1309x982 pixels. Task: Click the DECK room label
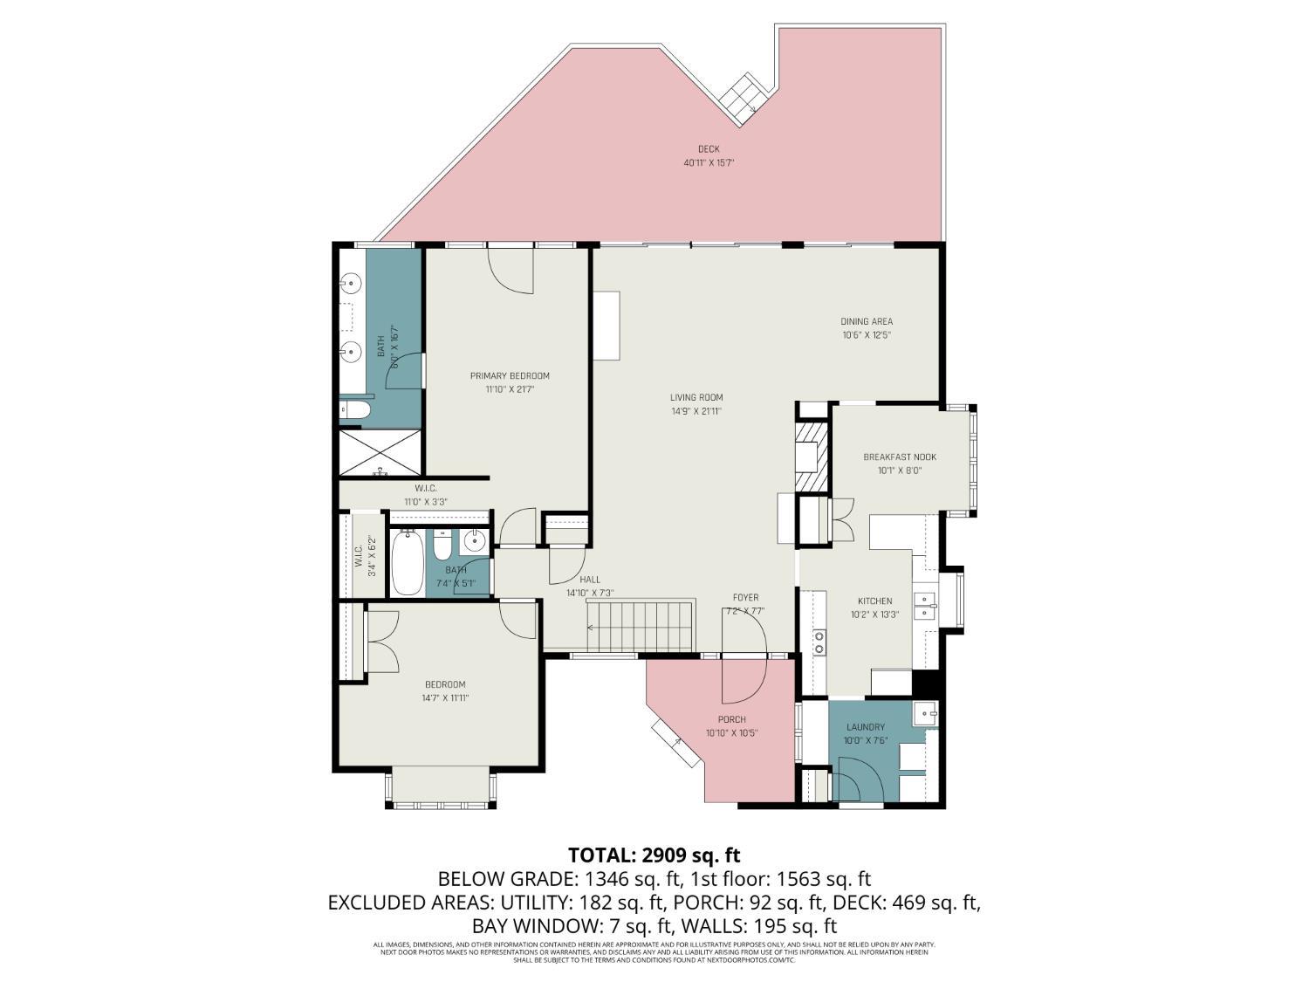click(708, 149)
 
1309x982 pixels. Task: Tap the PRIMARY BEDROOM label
click(510, 376)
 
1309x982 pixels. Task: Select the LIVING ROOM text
click(696, 398)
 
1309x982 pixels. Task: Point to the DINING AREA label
click(867, 321)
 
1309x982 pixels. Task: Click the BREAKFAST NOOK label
click(900, 457)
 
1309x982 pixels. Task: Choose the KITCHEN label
click(874, 601)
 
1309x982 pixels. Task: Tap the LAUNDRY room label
click(865, 727)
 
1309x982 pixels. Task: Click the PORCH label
click(731, 720)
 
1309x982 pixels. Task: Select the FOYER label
click(745, 598)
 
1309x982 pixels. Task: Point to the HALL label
click(590, 580)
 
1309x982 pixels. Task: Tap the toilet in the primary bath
click(356, 409)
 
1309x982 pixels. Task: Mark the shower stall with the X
click(380, 452)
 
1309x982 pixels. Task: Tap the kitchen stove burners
click(819, 642)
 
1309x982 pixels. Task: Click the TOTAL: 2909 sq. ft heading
click(654, 855)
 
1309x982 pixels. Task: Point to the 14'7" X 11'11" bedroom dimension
click(445, 697)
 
